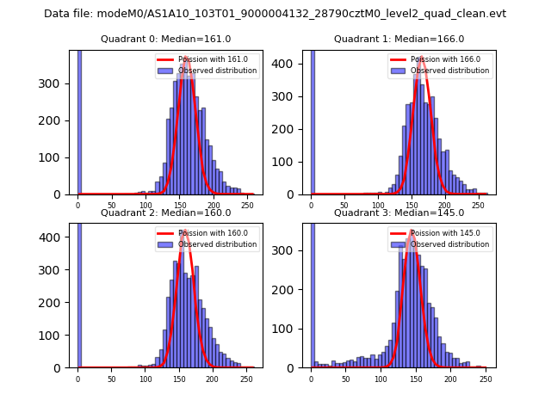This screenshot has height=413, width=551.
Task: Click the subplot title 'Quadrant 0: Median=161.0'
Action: tap(165, 39)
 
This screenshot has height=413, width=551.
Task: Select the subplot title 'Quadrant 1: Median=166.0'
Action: tap(399, 39)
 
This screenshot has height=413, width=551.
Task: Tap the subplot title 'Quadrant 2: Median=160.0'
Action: tap(165, 213)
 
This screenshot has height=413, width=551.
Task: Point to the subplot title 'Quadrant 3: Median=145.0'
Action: tap(399, 213)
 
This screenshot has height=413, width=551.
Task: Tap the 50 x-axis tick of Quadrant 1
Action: tap(344, 205)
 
